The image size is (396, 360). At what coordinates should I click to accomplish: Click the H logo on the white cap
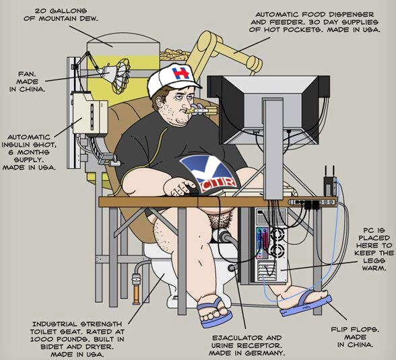click(180, 73)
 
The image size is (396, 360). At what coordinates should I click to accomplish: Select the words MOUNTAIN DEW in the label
click(68, 19)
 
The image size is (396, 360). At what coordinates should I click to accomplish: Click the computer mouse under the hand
click(193, 190)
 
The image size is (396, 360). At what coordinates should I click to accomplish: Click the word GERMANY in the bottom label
click(265, 353)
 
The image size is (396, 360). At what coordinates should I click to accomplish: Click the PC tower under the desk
click(271, 244)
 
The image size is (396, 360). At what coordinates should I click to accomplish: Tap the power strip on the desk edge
click(312, 202)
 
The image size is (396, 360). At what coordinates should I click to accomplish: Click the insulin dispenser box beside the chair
click(90, 114)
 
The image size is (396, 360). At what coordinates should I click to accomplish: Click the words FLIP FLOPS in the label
click(356, 330)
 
